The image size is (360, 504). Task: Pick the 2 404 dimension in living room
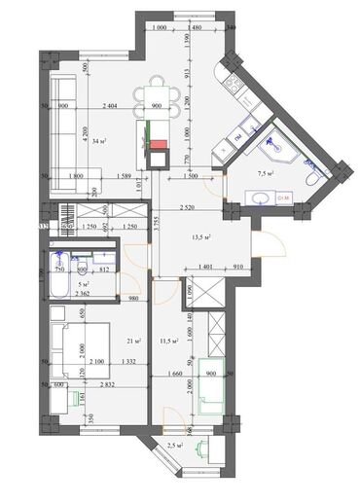(x=114, y=105)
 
